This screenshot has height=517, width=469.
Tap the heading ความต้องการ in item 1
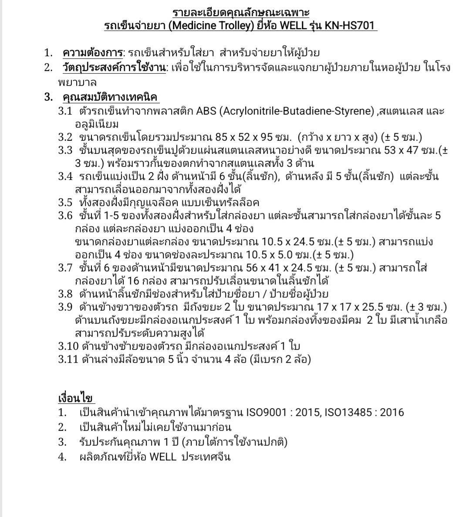[92, 53]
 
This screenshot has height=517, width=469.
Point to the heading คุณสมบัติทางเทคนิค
[110, 97]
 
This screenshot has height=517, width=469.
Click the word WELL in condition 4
[163, 457]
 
